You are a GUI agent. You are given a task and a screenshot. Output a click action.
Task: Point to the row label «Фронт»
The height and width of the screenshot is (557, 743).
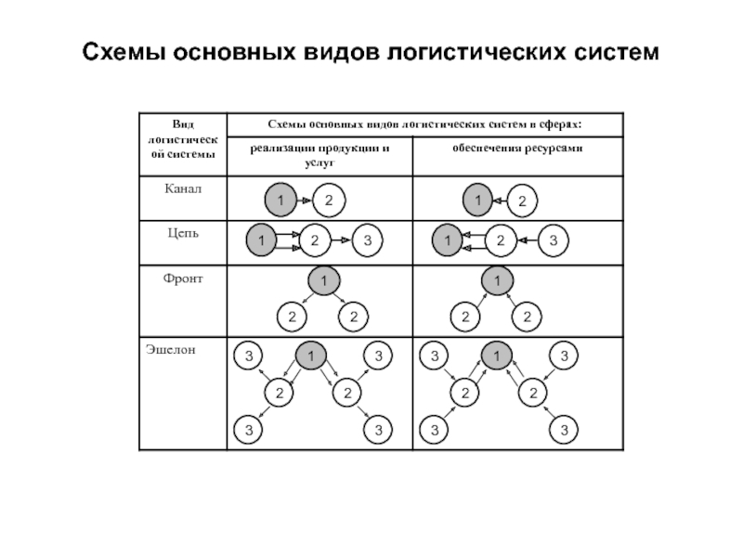183,278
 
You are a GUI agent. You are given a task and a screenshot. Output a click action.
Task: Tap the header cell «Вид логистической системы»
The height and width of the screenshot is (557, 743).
182,138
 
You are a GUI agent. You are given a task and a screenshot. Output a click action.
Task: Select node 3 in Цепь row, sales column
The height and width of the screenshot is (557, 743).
368,241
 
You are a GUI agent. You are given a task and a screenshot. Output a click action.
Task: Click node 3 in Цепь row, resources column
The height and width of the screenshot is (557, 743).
554,241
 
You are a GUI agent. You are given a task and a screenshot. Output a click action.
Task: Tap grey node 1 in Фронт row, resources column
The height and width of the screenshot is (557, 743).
498,281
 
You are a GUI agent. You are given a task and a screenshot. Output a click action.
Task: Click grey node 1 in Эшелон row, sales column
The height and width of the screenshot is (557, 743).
311,356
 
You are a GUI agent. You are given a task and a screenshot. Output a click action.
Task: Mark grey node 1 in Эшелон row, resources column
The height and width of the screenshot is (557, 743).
497,356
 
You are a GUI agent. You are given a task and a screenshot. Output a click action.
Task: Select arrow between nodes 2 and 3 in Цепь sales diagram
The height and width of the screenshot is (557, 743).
341,241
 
